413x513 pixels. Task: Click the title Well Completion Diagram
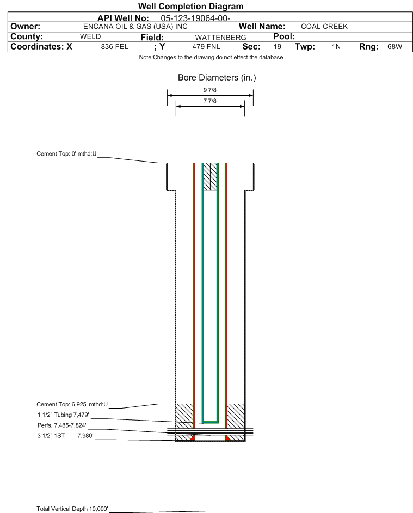pos(191,6)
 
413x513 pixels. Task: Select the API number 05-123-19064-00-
pos(195,18)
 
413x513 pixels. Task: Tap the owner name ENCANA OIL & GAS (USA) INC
pos(135,27)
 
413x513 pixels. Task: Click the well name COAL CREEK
pos(324,27)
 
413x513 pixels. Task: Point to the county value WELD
pos(90,36)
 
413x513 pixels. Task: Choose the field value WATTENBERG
pos(220,38)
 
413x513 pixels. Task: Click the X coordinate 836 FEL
pos(114,47)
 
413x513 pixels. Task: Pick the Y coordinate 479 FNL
pos(206,47)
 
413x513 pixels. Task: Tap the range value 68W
pos(394,47)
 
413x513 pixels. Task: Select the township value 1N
pos(336,47)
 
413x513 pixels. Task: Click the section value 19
pos(277,47)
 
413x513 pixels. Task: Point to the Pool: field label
pos(284,36)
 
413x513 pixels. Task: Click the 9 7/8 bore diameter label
pos(210,90)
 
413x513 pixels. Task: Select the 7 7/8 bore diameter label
pos(210,101)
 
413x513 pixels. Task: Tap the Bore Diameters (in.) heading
pos(217,78)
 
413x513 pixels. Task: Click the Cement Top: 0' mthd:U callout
pos(66,154)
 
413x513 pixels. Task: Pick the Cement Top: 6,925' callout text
pos(72,404)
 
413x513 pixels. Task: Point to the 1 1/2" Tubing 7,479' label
pos(63,415)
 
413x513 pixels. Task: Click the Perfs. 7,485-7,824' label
pos(62,425)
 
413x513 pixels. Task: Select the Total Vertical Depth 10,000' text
pos(72,509)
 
